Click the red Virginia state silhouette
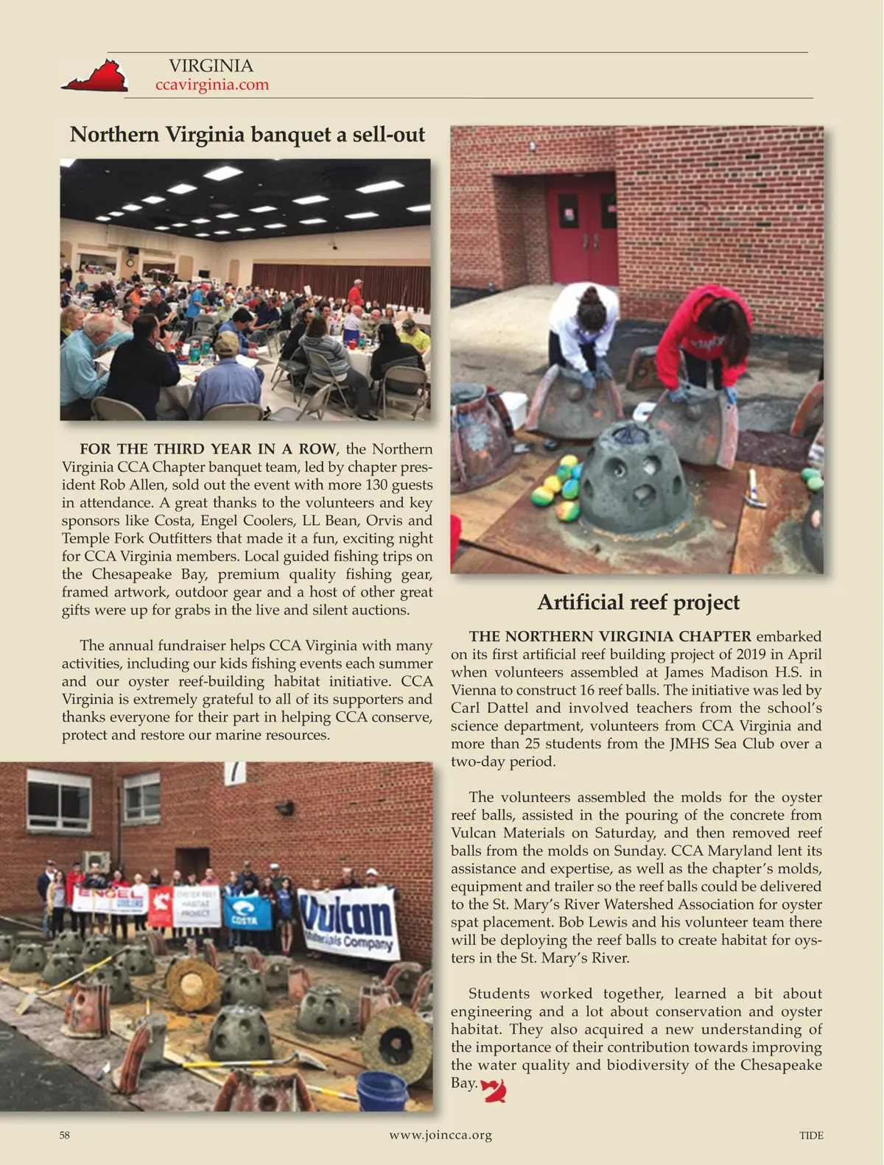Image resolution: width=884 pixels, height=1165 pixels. pos(95,77)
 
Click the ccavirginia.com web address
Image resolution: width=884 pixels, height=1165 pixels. pos(212,85)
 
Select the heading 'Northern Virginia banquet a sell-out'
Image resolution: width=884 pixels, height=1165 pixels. pos(247,135)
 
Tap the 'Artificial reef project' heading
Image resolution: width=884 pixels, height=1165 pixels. pos(638,602)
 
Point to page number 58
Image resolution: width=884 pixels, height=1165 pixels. pos(65,1136)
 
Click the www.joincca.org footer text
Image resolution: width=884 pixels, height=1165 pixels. pos(441,1135)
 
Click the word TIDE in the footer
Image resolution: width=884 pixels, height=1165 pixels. pos(811,1136)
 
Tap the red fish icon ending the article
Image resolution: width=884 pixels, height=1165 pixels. pos(494,1089)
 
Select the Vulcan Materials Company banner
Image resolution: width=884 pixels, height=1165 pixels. pos(348,923)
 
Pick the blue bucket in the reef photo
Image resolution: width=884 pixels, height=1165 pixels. pos(382,1090)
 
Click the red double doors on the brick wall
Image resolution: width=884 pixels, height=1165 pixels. pos(581,228)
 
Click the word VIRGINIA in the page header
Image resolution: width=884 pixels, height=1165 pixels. pos(211,66)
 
